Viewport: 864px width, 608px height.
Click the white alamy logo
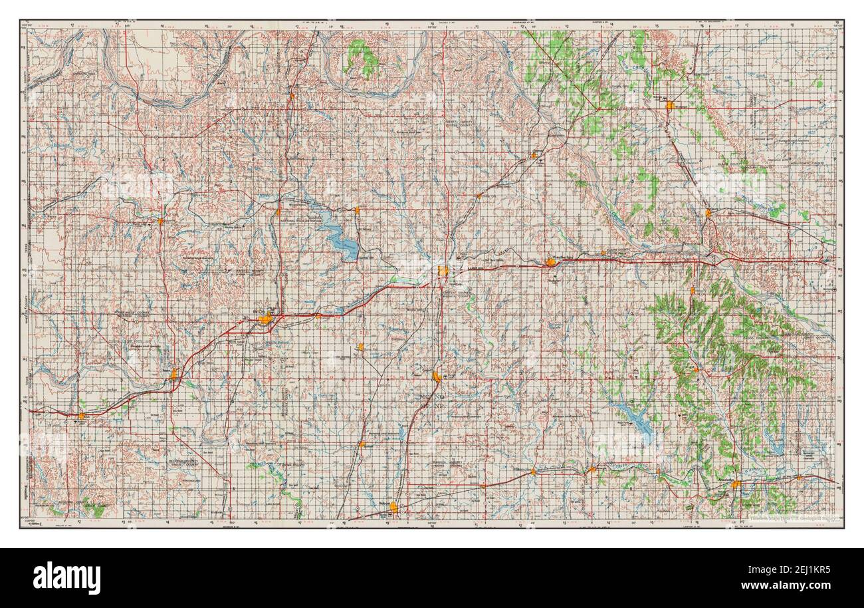pyautogui.click(x=66, y=577)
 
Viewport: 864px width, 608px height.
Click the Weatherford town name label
pyautogui.click(x=560, y=254)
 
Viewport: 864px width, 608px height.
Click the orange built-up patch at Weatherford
pyautogui.click(x=551, y=262)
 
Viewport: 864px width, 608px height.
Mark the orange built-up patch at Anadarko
pyautogui.click(x=736, y=486)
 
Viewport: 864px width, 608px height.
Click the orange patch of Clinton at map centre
pyautogui.click(x=444, y=270)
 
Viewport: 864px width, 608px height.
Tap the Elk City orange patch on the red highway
pyautogui.click(x=265, y=319)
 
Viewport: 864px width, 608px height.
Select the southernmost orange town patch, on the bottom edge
pyautogui.click(x=393, y=508)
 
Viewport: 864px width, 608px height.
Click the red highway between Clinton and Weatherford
pyautogui.click(x=498, y=267)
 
